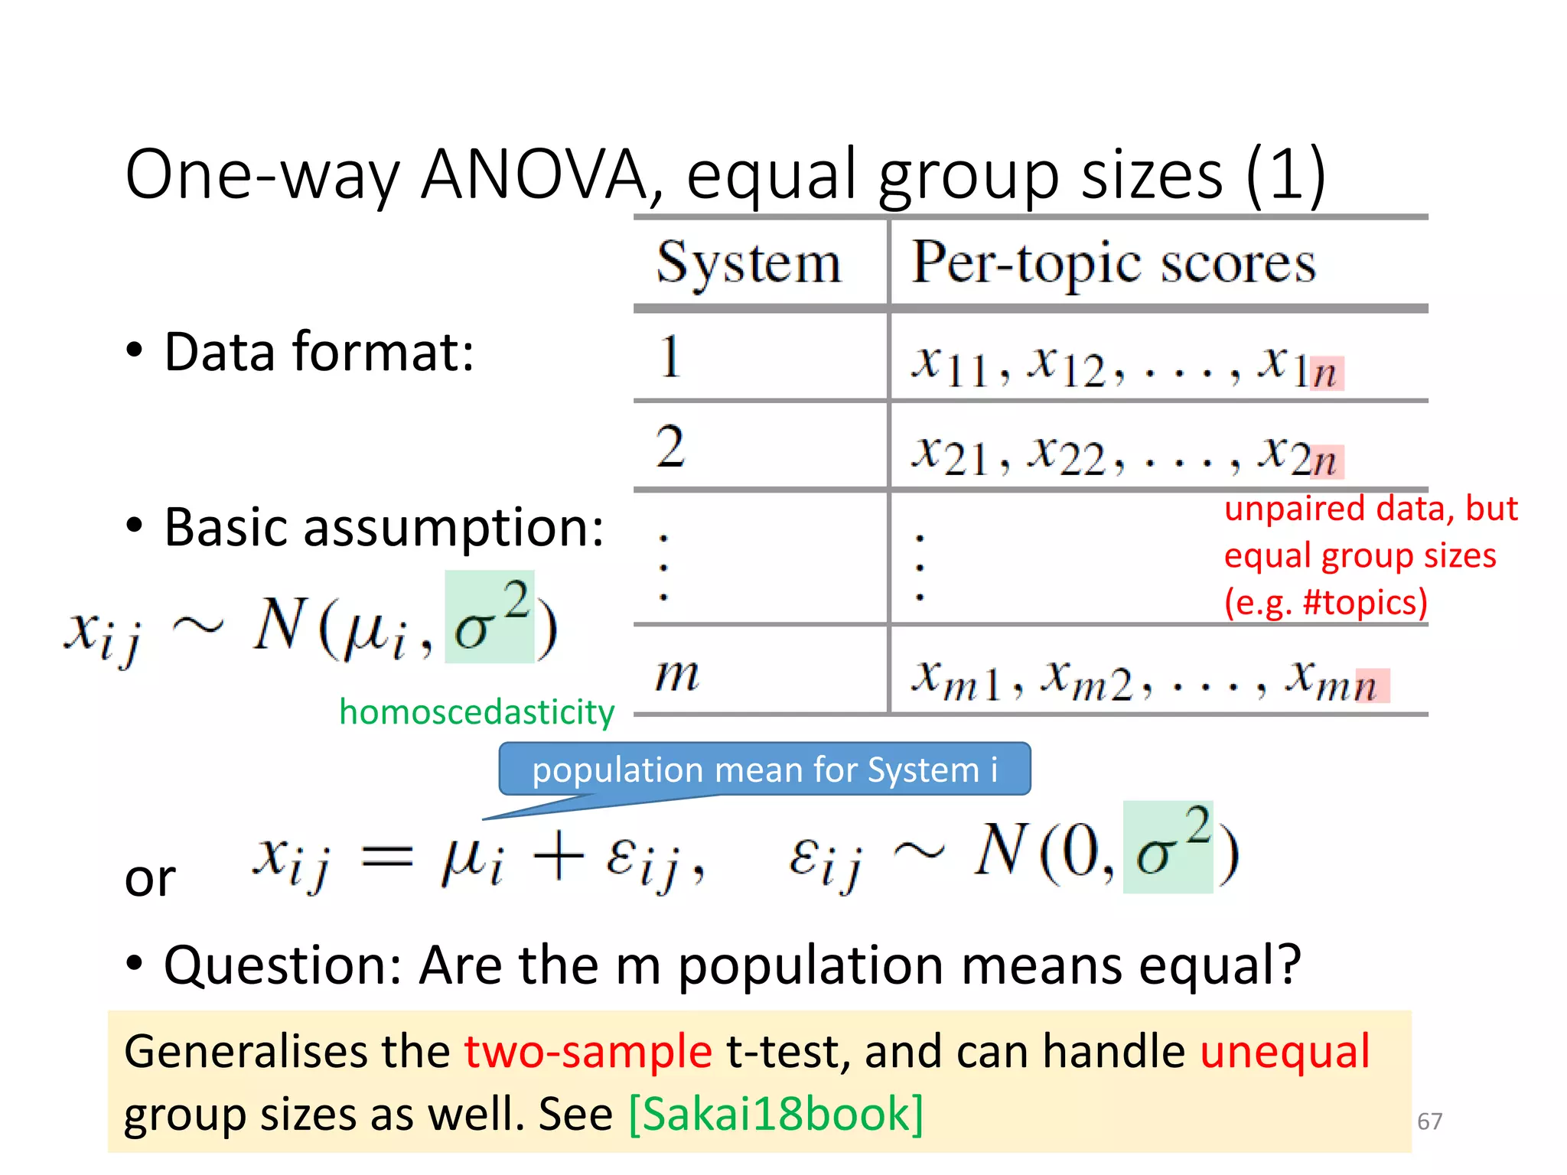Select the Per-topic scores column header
[1113, 263]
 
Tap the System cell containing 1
[670, 356]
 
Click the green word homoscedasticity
[477, 712]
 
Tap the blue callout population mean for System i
[764, 770]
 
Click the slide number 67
[1429, 1121]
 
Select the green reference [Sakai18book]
[776, 1114]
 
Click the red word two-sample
[588, 1051]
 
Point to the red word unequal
[1285, 1051]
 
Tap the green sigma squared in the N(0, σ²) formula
[1168, 847]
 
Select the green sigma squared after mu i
[490, 617]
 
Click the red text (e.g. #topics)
[1326, 602]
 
